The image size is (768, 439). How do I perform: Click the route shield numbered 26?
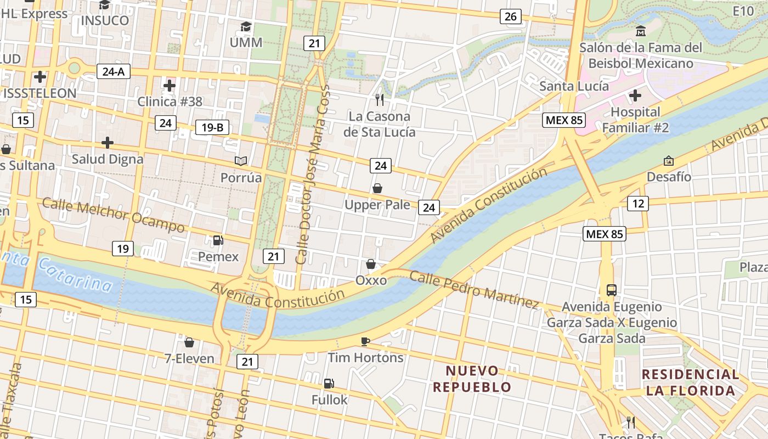click(x=510, y=16)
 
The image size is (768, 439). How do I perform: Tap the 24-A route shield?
click(x=114, y=71)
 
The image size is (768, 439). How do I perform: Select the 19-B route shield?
click(x=212, y=128)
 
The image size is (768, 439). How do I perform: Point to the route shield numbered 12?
click(x=638, y=204)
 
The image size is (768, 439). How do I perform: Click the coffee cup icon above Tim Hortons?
click(x=365, y=342)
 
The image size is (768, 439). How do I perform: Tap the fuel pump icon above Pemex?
click(x=218, y=240)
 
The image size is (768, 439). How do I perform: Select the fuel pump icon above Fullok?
click(x=329, y=384)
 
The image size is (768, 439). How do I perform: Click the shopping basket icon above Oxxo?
click(x=371, y=264)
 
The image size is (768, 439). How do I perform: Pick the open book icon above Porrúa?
click(x=241, y=161)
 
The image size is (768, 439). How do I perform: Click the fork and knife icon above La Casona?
click(x=379, y=100)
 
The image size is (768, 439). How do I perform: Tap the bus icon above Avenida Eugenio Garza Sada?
click(x=611, y=290)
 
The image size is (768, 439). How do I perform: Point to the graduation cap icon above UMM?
click(x=246, y=26)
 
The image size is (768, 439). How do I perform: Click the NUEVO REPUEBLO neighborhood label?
click(x=472, y=379)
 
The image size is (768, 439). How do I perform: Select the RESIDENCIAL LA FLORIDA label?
click(x=690, y=382)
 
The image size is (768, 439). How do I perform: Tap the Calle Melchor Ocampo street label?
click(x=114, y=215)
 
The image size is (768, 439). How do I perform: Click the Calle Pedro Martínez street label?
click(x=474, y=290)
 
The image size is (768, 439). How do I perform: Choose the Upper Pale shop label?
click(x=377, y=205)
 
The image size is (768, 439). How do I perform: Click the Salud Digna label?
click(x=108, y=159)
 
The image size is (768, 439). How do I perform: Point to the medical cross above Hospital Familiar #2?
click(x=635, y=96)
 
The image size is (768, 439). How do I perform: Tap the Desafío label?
click(x=669, y=177)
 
